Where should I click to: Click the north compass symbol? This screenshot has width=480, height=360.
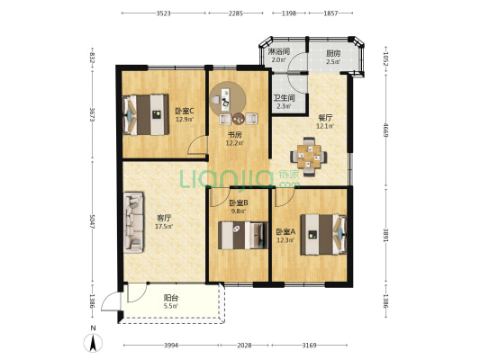[93, 342]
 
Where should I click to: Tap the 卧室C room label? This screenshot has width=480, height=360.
[185, 111]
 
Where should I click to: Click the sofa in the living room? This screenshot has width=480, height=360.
[133, 222]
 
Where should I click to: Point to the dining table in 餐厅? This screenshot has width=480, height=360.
[309, 157]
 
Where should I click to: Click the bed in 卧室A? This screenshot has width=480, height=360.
[323, 235]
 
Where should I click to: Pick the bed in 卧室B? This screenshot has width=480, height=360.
[243, 235]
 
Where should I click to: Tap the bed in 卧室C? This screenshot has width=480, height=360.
[146, 114]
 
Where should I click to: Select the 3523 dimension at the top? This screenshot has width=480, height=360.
[164, 13]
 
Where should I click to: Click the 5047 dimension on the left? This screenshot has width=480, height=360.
[92, 221]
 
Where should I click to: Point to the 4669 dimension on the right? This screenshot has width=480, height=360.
[385, 130]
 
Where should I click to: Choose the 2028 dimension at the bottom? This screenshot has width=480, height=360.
[244, 346]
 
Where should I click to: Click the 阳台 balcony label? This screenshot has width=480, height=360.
[171, 298]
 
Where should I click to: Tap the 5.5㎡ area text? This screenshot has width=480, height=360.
[171, 306]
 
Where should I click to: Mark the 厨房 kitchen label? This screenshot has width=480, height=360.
[333, 53]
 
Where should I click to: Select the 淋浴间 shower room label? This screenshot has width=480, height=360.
[279, 51]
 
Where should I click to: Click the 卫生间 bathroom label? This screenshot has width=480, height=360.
[284, 98]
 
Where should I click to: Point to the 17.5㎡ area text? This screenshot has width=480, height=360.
[164, 226]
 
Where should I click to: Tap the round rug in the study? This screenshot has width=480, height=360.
[228, 98]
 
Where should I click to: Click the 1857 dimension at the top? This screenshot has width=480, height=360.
[331, 13]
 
